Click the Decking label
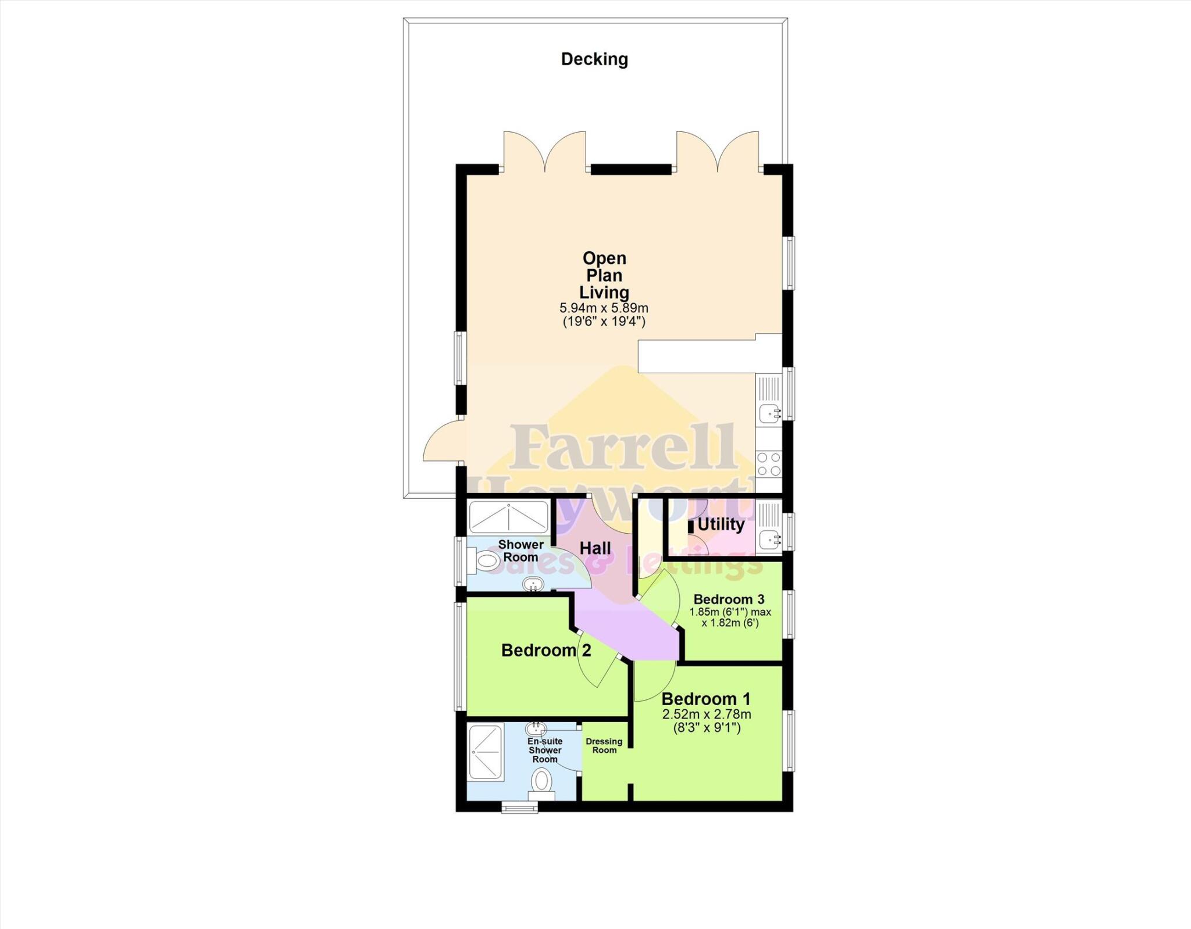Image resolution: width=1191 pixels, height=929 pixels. point(594,59)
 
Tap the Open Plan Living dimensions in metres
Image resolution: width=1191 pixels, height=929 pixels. point(604,308)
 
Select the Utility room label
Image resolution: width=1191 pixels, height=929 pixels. point(721,524)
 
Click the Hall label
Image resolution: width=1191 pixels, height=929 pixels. point(595,548)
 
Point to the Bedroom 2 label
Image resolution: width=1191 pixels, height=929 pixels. point(545,650)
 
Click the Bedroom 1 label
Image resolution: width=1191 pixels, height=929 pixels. point(706,698)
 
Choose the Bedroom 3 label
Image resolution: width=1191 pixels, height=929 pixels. point(729,599)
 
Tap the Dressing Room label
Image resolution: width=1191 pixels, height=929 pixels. point(604,745)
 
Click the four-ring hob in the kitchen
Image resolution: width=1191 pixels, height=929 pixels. point(768,464)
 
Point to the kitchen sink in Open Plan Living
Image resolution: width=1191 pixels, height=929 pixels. point(769,413)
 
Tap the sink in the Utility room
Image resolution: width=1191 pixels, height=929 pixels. point(769,538)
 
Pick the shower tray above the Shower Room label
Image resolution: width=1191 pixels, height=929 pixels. point(508,517)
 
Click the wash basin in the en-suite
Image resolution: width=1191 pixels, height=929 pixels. point(536,728)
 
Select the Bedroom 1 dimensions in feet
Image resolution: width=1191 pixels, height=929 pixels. point(706,727)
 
